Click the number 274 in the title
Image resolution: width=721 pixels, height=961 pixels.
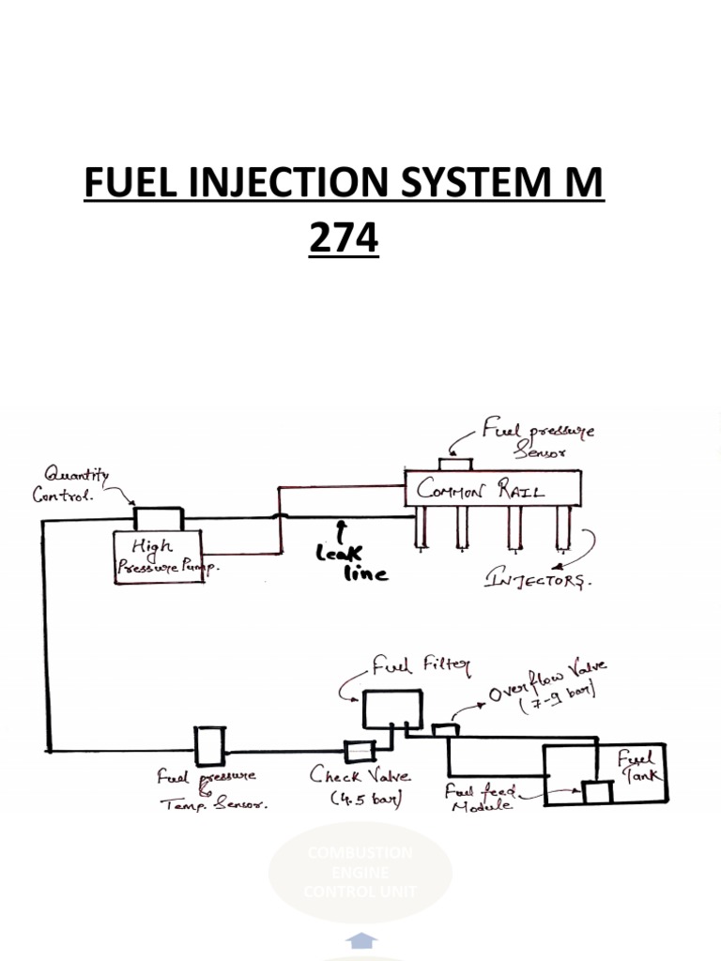pos(344,239)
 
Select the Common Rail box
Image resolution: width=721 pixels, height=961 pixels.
pos(492,489)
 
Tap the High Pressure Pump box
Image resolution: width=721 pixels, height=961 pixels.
pos(159,556)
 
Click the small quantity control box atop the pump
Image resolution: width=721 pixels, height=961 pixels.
pos(158,519)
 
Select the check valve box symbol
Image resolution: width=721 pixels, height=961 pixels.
pos(360,751)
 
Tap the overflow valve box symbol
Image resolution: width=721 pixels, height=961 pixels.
pos(444,728)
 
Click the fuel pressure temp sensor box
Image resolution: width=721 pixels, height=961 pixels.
pos(208,746)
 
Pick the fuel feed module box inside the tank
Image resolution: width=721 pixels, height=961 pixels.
pos(596,791)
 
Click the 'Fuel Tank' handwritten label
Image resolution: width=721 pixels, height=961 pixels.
pos(640,764)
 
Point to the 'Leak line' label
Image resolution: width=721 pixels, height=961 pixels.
pos(353,564)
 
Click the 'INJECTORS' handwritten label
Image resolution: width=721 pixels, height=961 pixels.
pos(538,580)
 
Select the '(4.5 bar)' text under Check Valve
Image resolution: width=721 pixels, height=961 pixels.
pos(365,800)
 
